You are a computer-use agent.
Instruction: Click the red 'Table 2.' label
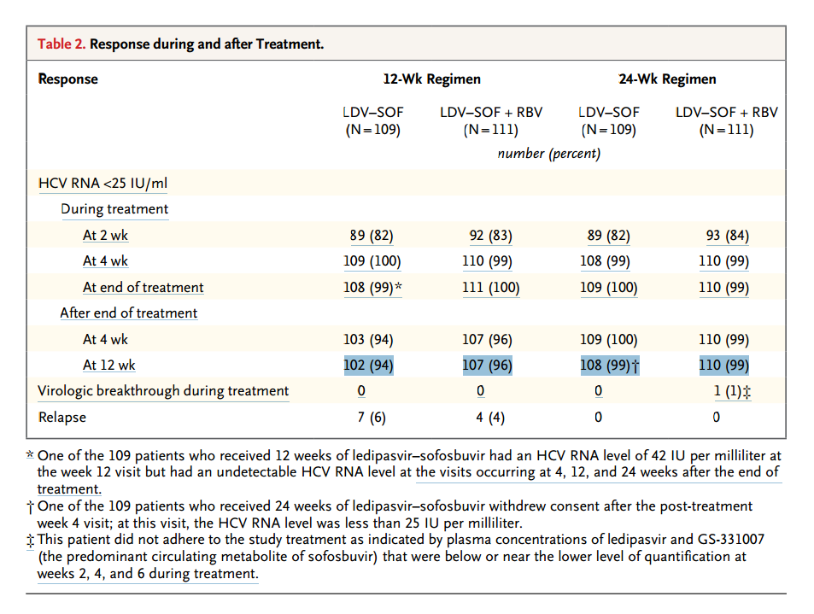[x=61, y=44]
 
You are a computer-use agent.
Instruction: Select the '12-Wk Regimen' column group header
[x=432, y=79]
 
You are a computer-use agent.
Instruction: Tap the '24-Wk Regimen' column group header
[x=667, y=79]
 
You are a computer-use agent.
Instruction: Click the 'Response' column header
[x=68, y=79]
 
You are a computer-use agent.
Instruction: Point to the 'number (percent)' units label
[x=548, y=154]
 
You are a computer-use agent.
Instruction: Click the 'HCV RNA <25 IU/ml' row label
[x=102, y=184]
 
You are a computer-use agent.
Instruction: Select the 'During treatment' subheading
[x=114, y=209]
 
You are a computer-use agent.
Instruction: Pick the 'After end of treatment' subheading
[x=129, y=313]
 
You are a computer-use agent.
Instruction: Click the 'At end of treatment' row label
[x=143, y=288]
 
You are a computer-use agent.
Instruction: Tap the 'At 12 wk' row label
[x=109, y=365]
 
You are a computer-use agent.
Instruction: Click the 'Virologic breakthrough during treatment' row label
[x=163, y=391]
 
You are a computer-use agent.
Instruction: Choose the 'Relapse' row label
[x=62, y=418]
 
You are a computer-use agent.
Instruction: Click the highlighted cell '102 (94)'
[x=369, y=365]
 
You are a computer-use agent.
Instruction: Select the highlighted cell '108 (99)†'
[x=610, y=365]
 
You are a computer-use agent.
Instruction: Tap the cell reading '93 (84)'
[x=728, y=236]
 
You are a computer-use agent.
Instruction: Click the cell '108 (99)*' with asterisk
[x=372, y=288]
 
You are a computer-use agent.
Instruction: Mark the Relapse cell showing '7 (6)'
[x=372, y=418]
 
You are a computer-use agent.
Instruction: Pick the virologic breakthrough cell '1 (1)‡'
[x=732, y=391]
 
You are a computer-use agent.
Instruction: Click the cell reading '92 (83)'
[x=490, y=236]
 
